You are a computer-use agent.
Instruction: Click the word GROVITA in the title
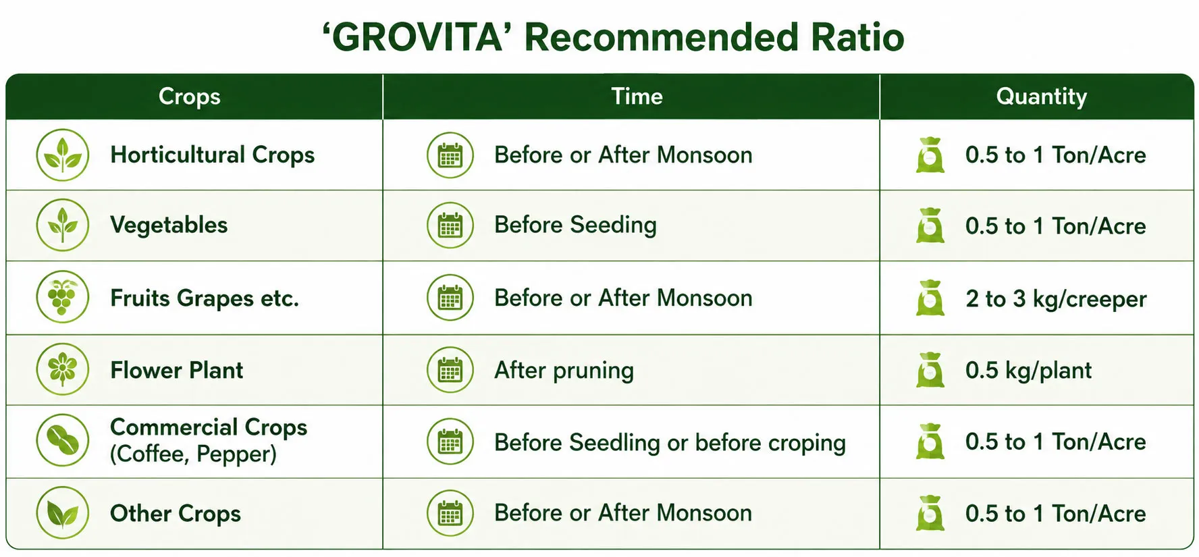pyautogui.click(x=417, y=37)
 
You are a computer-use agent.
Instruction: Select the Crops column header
pyautogui.click(x=190, y=97)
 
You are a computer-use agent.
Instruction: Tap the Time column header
pyautogui.click(x=637, y=97)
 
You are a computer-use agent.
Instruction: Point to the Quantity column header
pyautogui.click(x=1042, y=97)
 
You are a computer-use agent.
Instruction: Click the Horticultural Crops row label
pyautogui.click(x=213, y=155)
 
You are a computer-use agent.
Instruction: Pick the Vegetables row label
pyautogui.click(x=169, y=226)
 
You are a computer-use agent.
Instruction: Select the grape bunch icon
pyautogui.click(x=63, y=297)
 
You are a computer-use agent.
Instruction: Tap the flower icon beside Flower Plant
pyautogui.click(x=63, y=369)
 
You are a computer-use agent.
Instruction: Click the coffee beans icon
pyautogui.click(x=63, y=441)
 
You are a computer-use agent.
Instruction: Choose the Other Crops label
pyautogui.click(x=176, y=513)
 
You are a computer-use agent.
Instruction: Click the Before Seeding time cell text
pyautogui.click(x=575, y=225)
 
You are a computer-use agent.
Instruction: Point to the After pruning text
pyautogui.click(x=564, y=371)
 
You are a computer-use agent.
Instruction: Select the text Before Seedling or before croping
pyautogui.click(x=670, y=443)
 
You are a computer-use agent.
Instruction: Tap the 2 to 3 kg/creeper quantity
pyautogui.click(x=1056, y=299)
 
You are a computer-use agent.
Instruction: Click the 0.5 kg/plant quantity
pyautogui.click(x=1028, y=371)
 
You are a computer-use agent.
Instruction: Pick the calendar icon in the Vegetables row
pyautogui.click(x=450, y=226)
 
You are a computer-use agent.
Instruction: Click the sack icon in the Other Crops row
pyautogui.click(x=930, y=513)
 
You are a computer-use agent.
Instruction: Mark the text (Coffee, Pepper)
pyautogui.click(x=194, y=454)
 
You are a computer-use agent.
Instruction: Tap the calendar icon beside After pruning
pyautogui.click(x=450, y=370)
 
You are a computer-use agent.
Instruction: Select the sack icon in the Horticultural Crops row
pyautogui.click(x=930, y=155)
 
